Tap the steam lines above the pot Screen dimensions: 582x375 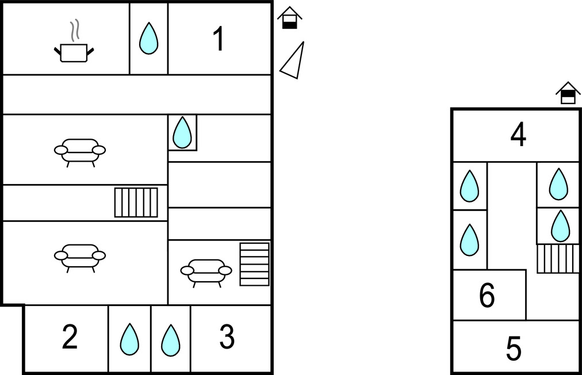[75, 30]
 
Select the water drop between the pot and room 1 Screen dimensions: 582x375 [148, 38]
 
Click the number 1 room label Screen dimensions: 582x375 [219, 39]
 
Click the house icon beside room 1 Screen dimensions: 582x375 [290, 17]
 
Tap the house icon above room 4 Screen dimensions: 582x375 [568, 93]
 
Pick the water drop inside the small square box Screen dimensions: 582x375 [182, 132]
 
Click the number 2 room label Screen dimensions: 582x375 [70, 336]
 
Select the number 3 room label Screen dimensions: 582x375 [227, 336]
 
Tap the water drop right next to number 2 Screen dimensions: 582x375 [129, 339]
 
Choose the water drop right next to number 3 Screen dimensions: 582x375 [171, 340]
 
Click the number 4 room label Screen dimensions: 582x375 [518, 135]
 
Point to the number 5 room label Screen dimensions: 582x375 [514, 349]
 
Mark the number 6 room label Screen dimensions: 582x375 [487, 295]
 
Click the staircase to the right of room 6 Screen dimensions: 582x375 [558, 259]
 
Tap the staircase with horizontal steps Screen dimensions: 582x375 [254, 265]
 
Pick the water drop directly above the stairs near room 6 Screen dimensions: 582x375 [560, 225]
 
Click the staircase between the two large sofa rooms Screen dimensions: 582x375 [136, 202]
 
